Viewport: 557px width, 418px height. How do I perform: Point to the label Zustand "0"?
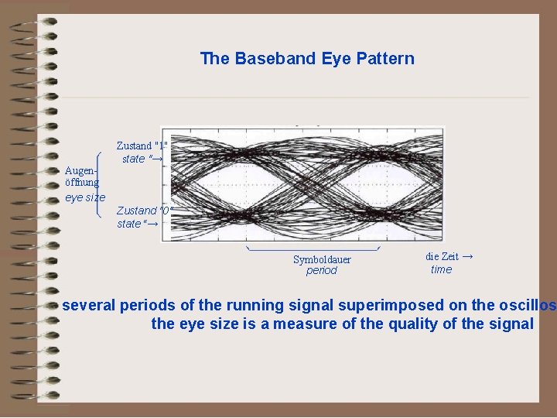point(144,211)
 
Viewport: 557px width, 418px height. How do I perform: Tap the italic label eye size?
point(84,197)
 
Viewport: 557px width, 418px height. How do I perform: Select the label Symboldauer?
point(322,259)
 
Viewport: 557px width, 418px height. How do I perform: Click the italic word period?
point(322,271)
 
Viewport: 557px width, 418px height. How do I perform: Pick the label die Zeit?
point(442,256)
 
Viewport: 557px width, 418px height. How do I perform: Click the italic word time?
point(441,269)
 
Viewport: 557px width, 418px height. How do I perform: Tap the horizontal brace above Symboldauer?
point(313,249)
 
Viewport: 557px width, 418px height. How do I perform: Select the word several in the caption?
point(89,306)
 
